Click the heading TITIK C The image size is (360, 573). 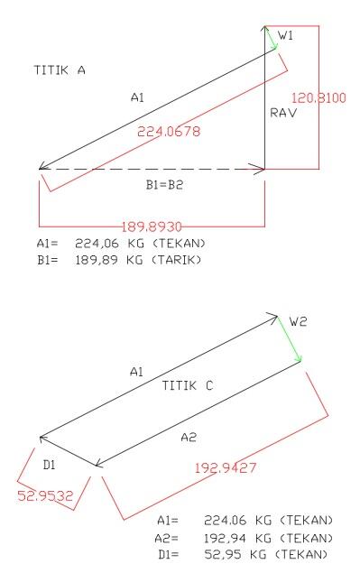[187, 385]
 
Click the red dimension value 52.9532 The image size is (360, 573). [45, 495]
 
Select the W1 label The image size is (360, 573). [286, 35]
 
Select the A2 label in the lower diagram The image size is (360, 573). [187, 437]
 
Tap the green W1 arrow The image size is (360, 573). [272, 38]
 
